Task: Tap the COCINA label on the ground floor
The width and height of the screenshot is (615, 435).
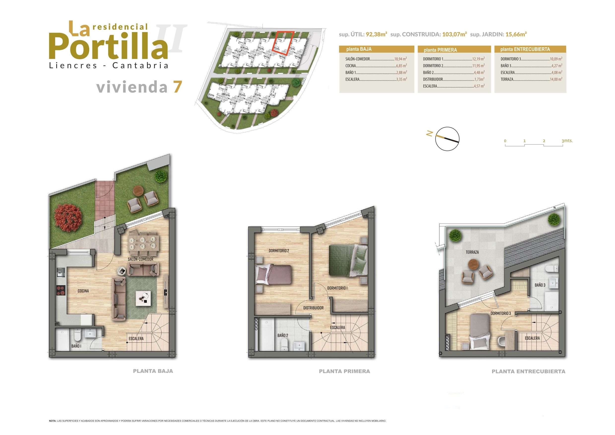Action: pyautogui.click(x=83, y=291)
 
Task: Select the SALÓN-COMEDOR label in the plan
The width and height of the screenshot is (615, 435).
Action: pyautogui.click(x=141, y=259)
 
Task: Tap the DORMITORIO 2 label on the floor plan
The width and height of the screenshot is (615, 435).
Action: pyautogui.click(x=279, y=251)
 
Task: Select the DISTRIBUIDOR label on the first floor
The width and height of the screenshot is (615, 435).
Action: pyautogui.click(x=313, y=308)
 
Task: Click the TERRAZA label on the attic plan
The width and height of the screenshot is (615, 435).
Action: pyautogui.click(x=472, y=252)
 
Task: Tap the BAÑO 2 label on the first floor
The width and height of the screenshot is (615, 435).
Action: pyautogui.click(x=283, y=335)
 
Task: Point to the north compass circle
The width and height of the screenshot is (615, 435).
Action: pyautogui.click(x=447, y=138)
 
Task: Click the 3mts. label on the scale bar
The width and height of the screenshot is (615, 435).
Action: pyautogui.click(x=567, y=141)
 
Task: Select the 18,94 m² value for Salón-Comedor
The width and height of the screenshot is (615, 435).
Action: pyautogui.click(x=400, y=59)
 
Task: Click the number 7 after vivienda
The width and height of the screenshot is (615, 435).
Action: pyautogui.click(x=178, y=87)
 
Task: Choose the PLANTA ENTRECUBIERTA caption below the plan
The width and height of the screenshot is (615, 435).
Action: pyautogui.click(x=528, y=371)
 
